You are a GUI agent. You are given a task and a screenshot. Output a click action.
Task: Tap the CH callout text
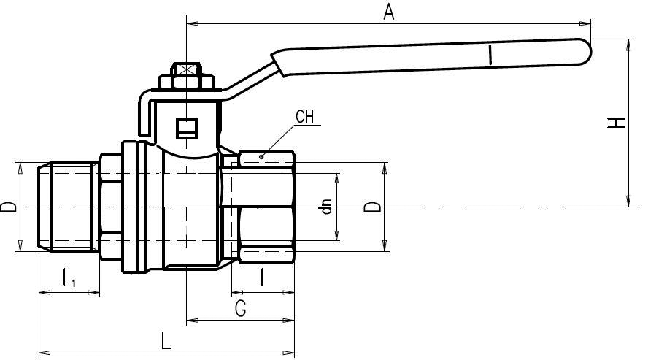[306, 116]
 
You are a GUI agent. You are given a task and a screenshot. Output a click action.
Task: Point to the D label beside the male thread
[8, 207]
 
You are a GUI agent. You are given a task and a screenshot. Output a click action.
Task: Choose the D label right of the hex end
[372, 207]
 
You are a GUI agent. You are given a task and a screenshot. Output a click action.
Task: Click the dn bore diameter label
[327, 207]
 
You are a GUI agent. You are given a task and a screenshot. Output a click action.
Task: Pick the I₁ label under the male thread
[69, 278]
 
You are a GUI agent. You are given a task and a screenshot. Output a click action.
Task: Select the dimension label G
[240, 308]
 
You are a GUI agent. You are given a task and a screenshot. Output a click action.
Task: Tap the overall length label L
[166, 342]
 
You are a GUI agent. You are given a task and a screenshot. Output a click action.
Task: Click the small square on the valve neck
[187, 129]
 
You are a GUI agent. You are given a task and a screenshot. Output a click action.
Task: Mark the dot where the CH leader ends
[261, 156]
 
